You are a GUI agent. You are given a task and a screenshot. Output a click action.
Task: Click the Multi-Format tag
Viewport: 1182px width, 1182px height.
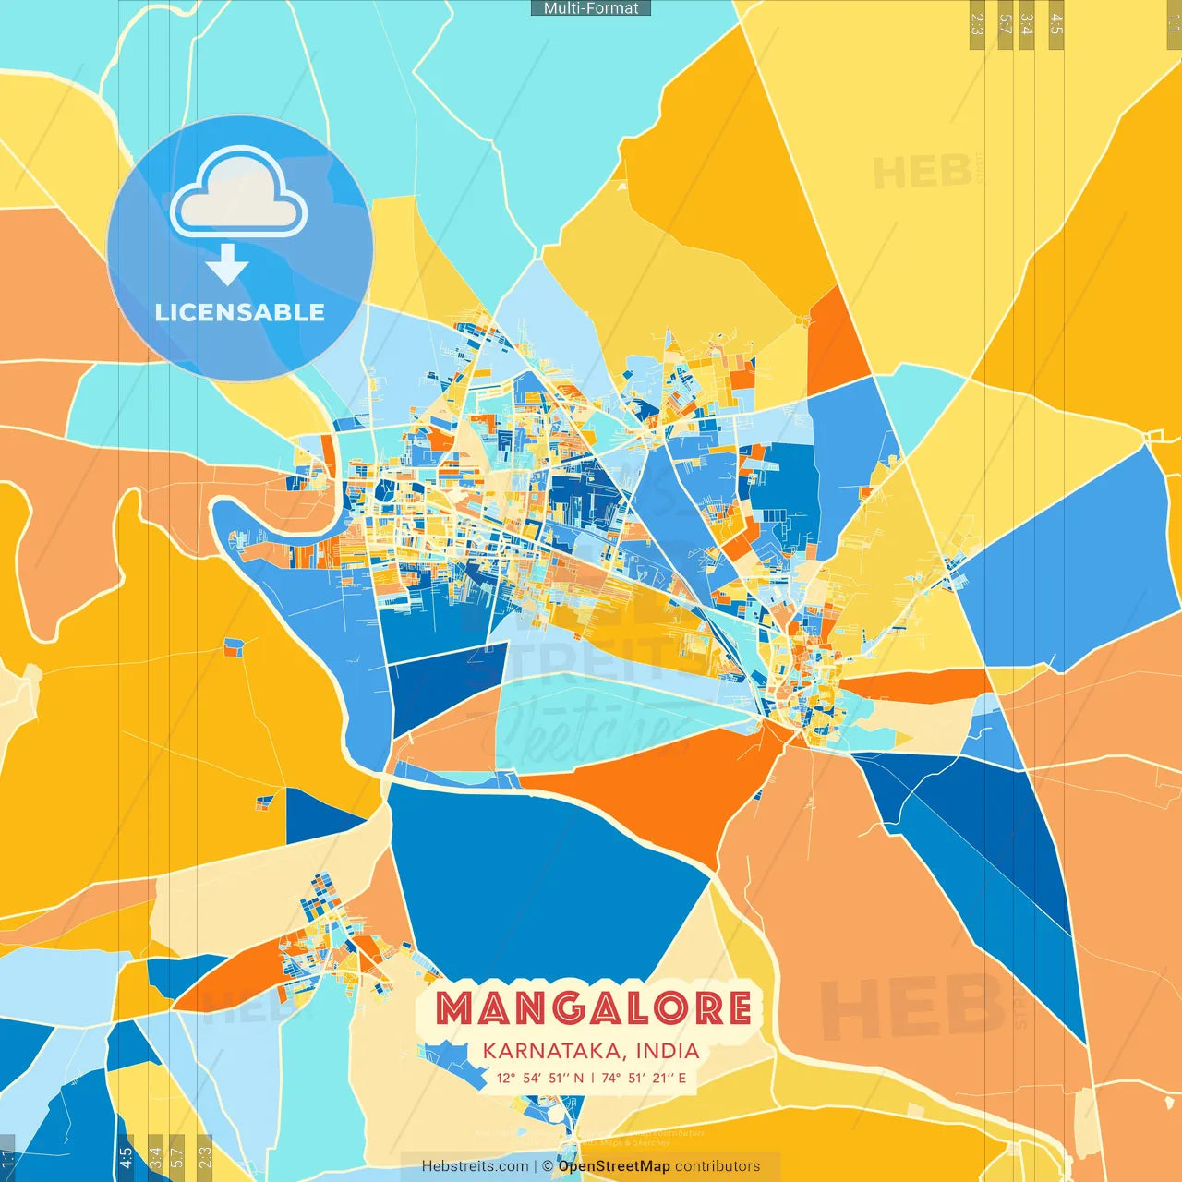pos(591,8)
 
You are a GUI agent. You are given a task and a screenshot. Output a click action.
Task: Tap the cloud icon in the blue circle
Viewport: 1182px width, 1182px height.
pos(239,193)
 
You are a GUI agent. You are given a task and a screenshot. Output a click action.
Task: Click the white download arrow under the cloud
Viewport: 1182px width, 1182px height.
pos(227,264)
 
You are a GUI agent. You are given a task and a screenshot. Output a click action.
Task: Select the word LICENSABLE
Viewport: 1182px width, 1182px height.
pos(240,312)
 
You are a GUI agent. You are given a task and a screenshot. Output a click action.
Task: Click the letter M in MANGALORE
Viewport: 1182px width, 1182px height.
pos(458,1008)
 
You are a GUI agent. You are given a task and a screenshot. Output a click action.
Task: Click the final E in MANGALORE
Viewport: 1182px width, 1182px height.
pos(738,1008)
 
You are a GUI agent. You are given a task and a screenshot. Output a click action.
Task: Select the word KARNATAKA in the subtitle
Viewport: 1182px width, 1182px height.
pos(546,1051)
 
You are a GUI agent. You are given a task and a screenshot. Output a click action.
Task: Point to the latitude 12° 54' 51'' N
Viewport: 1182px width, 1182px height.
pos(540,1078)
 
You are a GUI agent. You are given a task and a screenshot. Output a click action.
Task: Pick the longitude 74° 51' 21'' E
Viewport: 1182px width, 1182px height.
pos(644,1078)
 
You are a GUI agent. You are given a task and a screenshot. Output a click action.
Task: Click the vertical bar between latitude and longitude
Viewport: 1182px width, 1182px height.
pos(592,1078)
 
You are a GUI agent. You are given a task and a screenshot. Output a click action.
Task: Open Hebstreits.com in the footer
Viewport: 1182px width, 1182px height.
pos(476,1166)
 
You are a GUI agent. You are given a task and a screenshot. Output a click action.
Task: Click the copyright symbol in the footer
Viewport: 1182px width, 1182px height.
pos(547,1166)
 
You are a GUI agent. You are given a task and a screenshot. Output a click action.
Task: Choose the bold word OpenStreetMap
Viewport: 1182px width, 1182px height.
pos(614,1166)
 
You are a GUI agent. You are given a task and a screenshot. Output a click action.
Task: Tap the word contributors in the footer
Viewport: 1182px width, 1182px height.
pos(718,1166)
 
